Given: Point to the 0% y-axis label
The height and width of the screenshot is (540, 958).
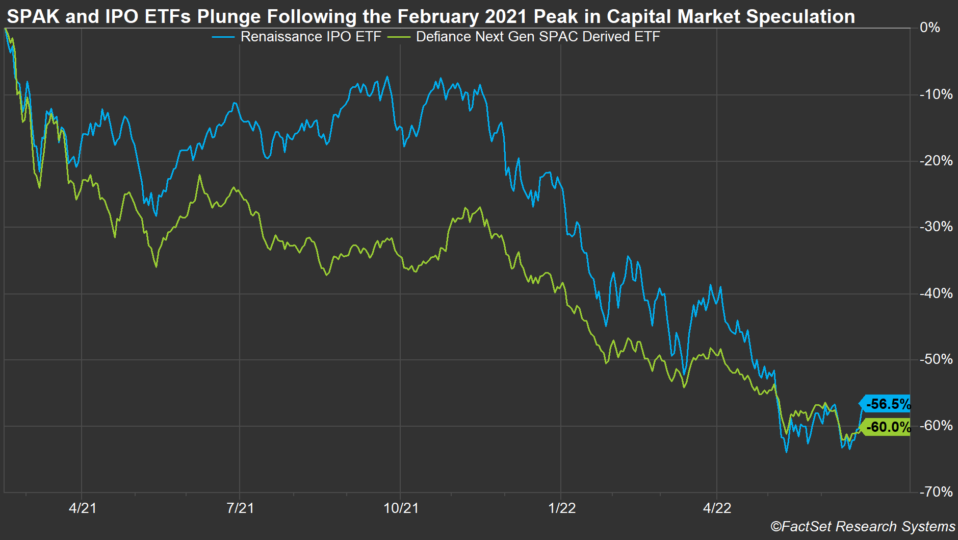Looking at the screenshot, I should tap(929, 28).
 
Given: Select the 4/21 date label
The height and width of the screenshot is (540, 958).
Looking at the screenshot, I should tap(82, 508).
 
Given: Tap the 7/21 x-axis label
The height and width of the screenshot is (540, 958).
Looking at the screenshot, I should tap(240, 508).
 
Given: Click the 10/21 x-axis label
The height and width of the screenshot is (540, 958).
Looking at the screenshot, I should tap(401, 508).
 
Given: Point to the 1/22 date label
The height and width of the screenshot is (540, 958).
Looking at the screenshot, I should tap(562, 508).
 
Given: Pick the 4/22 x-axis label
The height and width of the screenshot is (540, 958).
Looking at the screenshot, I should tap(717, 508).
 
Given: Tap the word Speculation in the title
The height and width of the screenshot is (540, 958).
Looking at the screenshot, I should tap(800, 17).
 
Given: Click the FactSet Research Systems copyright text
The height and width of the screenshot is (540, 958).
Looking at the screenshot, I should tap(863, 527).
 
